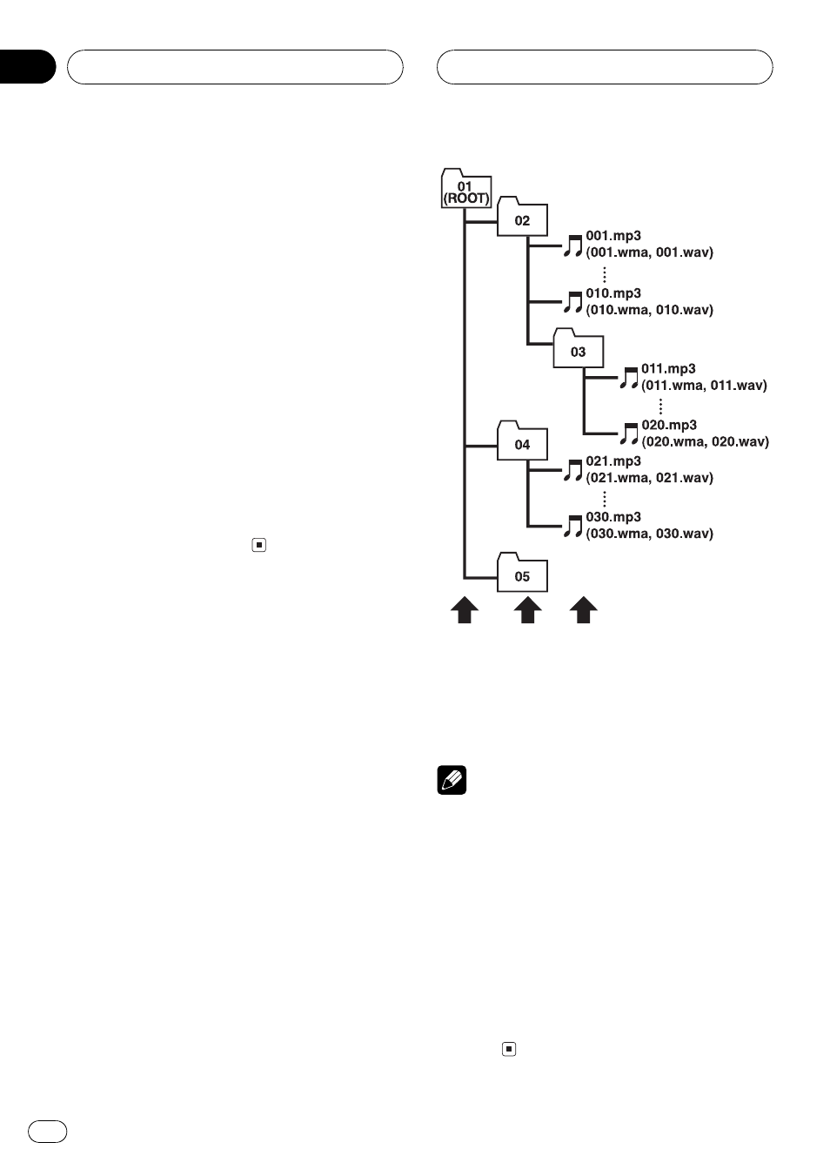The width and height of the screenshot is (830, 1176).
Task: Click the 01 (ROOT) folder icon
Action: [x=465, y=188]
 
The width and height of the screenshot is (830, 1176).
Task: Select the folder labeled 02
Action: [x=522, y=216]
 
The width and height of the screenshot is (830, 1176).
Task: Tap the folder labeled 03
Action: [x=579, y=347]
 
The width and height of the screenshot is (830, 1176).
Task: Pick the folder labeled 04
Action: [x=522, y=440]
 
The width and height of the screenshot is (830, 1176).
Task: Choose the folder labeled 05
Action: [x=522, y=572]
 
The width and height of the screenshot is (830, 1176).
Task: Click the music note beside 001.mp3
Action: [x=573, y=245]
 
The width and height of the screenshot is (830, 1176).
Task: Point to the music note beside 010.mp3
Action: [x=573, y=302]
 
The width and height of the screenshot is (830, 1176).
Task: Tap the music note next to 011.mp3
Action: [x=629, y=378]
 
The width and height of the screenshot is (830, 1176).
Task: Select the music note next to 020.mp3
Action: [x=629, y=433]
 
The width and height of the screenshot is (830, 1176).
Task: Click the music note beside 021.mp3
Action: [x=573, y=470]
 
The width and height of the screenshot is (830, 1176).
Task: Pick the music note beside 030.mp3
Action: [x=573, y=526]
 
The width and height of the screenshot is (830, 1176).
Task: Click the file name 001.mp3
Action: [x=613, y=236]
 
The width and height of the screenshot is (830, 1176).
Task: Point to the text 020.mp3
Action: [x=669, y=425]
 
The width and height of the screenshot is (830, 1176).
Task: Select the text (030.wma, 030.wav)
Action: [x=650, y=534]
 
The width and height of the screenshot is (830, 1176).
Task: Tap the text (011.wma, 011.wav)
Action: [x=704, y=386]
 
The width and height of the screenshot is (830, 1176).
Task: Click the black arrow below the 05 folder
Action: [x=528, y=609]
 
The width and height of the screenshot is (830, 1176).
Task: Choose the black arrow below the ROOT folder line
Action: [x=465, y=609]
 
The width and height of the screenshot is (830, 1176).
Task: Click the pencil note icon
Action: [x=452, y=780]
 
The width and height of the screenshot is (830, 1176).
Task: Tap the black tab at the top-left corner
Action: [x=27, y=67]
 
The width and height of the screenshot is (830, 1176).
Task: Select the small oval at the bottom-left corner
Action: [x=48, y=1132]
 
